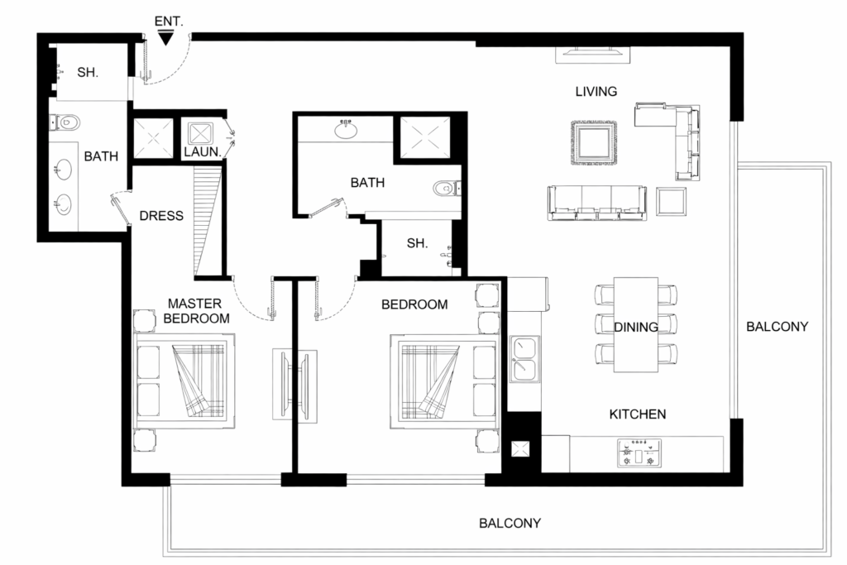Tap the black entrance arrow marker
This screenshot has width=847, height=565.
166,36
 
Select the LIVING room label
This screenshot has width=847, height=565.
596,91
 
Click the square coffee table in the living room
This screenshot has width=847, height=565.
594,143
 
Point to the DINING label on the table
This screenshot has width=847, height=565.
636,327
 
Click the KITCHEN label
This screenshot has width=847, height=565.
638,414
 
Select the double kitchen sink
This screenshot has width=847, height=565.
524,358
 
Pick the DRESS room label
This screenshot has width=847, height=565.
161,216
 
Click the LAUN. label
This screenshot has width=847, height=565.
201,152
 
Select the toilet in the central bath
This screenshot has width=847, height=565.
444,189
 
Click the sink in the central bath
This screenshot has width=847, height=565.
346,129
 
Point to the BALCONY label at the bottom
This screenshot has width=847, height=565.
510,523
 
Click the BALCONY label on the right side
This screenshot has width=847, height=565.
777,326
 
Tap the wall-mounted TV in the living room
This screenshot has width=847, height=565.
592,55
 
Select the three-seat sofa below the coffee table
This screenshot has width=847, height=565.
596,203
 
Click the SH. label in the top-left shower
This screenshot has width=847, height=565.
88,73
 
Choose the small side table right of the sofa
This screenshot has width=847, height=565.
671,200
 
